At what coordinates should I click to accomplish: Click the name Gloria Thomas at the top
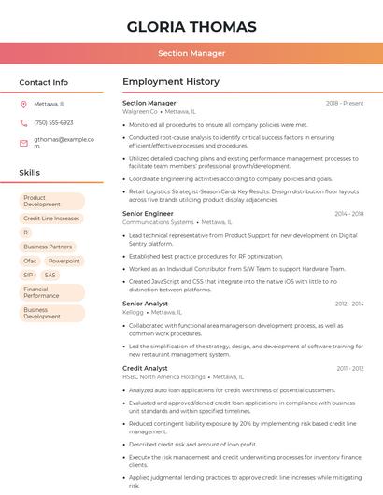coord(191,26)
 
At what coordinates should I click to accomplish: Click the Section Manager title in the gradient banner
coord(191,53)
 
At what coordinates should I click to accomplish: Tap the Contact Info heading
coord(43,82)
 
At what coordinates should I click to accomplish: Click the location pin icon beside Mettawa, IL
coord(23,104)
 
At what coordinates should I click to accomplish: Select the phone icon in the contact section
coord(23,122)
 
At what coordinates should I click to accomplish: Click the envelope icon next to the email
coord(23,143)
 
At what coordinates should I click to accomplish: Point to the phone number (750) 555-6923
coord(53,122)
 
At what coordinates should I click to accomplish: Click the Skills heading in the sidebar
coord(29,173)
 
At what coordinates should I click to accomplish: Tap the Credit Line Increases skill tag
coord(51,219)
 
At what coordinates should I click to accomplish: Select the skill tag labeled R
coord(26,233)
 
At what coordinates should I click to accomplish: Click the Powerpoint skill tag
coord(64,261)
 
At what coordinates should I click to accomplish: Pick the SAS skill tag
coord(50,275)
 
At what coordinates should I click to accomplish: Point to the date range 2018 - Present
coord(345,103)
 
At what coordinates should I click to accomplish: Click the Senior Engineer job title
coord(148,213)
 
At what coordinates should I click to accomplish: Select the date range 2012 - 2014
coord(349,304)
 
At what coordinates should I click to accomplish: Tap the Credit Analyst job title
coord(145,368)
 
